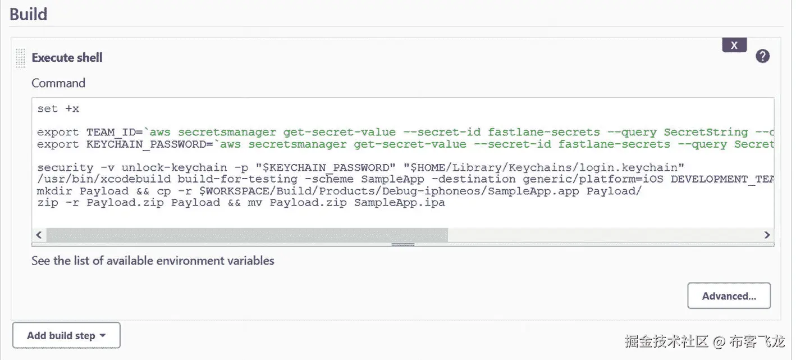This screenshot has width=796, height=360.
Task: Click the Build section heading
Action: [x=29, y=13]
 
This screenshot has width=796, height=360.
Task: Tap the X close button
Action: [x=734, y=45]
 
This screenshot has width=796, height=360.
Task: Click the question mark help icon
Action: [x=762, y=56]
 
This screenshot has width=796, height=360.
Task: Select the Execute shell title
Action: [x=67, y=57]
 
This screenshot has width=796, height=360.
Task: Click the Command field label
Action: [x=58, y=83]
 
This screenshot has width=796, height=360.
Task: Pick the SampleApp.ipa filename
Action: [x=399, y=203]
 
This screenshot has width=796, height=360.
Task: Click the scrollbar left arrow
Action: [x=39, y=235]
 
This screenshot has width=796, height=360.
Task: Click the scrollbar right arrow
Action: [x=767, y=235]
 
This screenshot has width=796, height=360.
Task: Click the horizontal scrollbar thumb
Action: [x=247, y=235]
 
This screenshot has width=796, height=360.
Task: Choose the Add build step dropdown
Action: [x=66, y=335]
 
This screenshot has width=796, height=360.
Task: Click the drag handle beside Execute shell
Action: [x=21, y=57]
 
